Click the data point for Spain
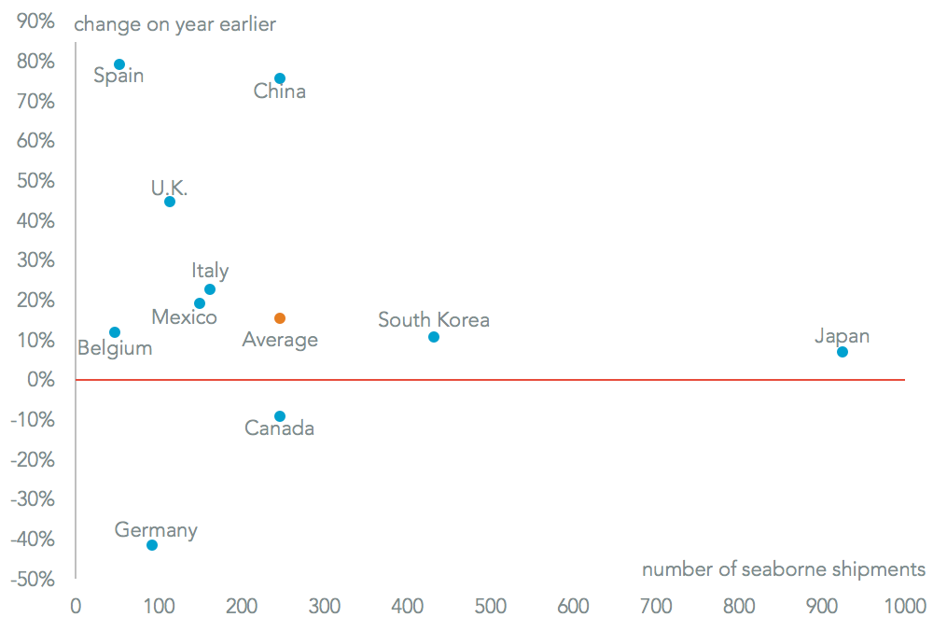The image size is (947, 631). [x=119, y=64]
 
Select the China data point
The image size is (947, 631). [x=280, y=78]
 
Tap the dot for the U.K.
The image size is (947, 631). [x=170, y=202]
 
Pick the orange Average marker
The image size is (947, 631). [x=280, y=318]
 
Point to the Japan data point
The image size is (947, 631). [x=843, y=352]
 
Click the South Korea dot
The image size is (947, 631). [x=434, y=337]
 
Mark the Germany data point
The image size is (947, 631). [x=152, y=545]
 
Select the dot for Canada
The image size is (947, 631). [x=280, y=416]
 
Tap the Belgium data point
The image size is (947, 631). [x=115, y=332]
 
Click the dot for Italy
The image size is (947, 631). [x=210, y=289]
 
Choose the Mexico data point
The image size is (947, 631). [x=200, y=303]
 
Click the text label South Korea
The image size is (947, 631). [x=434, y=320]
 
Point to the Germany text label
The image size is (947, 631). [x=156, y=530]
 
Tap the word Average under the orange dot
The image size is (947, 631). [x=280, y=340]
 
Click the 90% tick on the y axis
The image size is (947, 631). [x=35, y=21]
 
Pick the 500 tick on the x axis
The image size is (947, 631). [x=490, y=607]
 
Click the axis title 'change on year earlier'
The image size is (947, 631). [x=175, y=24]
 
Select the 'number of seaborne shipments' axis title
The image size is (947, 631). [x=784, y=569]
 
